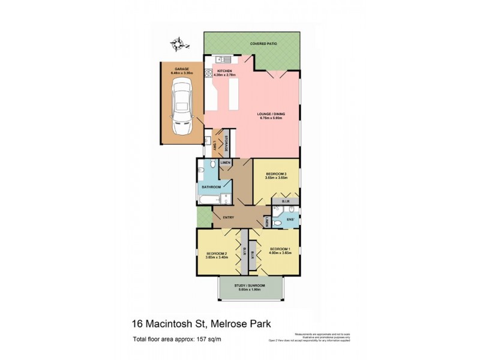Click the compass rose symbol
(x=178, y=43)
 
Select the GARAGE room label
(x=181, y=69)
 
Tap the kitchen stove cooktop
(x=209, y=73)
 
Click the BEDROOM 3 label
(x=277, y=174)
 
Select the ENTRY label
(x=229, y=218)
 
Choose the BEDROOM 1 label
(x=280, y=249)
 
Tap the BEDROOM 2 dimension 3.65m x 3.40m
(x=216, y=257)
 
